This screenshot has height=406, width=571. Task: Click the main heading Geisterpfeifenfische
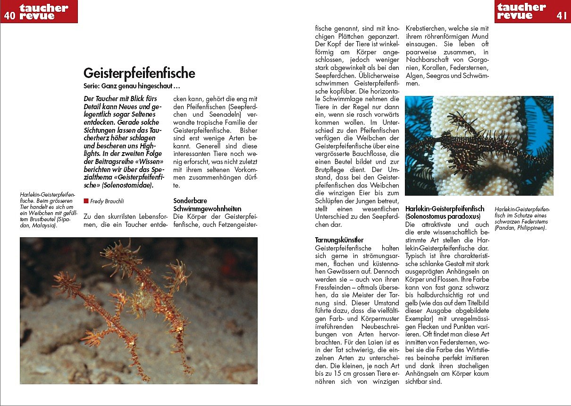139,73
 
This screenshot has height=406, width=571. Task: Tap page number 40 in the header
9,15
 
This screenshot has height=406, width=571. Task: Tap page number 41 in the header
562,15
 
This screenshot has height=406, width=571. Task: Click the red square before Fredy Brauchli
86,200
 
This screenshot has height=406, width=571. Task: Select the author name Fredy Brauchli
108,201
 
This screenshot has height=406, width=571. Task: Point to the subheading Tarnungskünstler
339,240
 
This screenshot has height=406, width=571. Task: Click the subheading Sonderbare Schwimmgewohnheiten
207,205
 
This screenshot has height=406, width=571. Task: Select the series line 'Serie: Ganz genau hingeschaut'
132,86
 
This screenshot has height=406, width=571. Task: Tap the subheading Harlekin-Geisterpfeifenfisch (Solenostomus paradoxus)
445,212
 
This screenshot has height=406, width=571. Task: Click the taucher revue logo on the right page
521,11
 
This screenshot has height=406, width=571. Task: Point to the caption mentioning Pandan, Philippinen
522,218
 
